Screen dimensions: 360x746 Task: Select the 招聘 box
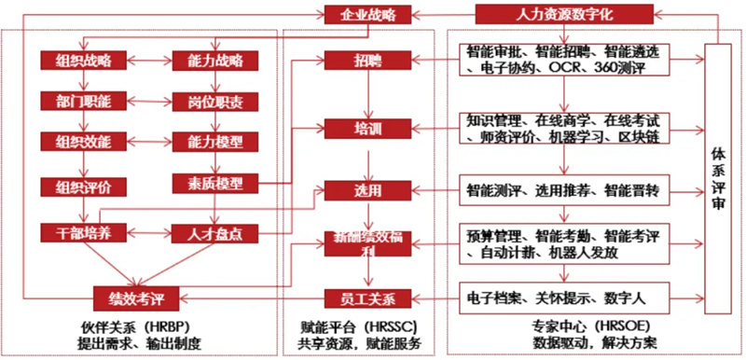click(366, 61)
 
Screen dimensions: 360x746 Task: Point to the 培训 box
click(366, 126)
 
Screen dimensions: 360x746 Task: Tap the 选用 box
click(366, 191)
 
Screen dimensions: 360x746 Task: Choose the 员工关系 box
click(366, 298)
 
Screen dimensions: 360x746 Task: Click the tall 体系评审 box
click(718, 177)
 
